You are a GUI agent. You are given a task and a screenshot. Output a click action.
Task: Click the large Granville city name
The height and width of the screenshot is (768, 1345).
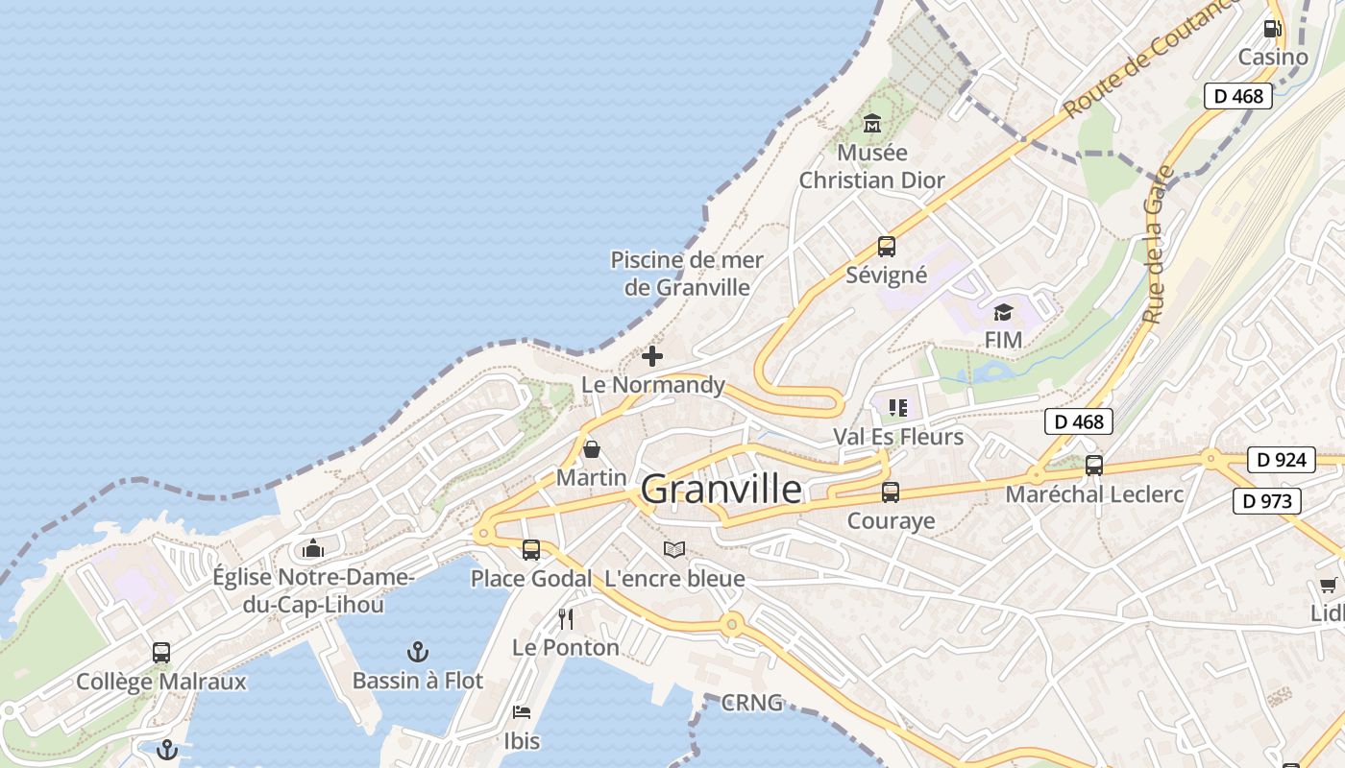click(721, 490)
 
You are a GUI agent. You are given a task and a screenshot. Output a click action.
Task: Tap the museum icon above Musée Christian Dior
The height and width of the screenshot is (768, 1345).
click(872, 123)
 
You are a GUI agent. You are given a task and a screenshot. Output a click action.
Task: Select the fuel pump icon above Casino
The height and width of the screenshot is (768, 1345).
click(1273, 28)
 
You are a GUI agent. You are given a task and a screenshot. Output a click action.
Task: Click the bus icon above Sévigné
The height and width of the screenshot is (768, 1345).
click(886, 247)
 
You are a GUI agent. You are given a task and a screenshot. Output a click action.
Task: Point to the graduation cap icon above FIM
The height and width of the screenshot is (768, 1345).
click(1003, 312)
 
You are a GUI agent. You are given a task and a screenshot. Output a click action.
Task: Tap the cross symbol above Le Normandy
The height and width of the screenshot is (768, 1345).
click(652, 356)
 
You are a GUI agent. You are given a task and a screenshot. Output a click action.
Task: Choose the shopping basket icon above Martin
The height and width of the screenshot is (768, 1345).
click(592, 448)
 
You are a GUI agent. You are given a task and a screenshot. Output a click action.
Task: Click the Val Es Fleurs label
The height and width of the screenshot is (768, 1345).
click(897, 437)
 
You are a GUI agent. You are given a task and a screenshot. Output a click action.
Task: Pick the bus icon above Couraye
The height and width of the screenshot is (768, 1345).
click(891, 492)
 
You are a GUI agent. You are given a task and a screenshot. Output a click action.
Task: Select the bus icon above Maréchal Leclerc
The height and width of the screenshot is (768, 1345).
click(1094, 466)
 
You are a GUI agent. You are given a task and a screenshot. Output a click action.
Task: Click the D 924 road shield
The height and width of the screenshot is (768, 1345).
click(1281, 460)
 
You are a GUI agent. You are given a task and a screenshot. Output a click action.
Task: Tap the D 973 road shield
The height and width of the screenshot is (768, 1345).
click(1266, 500)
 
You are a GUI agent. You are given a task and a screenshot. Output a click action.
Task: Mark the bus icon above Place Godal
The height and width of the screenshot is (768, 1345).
click(531, 550)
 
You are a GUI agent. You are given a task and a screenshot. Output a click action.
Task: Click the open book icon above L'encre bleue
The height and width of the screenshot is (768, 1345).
click(674, 550)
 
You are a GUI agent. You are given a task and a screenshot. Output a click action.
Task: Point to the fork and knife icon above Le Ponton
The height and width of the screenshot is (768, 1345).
click(566, 619)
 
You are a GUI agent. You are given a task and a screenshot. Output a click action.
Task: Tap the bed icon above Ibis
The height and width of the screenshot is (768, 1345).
click(522, 712)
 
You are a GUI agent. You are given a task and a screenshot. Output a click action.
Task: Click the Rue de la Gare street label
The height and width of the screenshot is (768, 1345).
click(1159, 245)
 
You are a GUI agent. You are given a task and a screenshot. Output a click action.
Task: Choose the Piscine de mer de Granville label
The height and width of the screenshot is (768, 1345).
click(687, 274)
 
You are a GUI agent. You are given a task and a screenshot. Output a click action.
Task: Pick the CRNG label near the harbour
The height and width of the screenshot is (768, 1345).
click(751, 703)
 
